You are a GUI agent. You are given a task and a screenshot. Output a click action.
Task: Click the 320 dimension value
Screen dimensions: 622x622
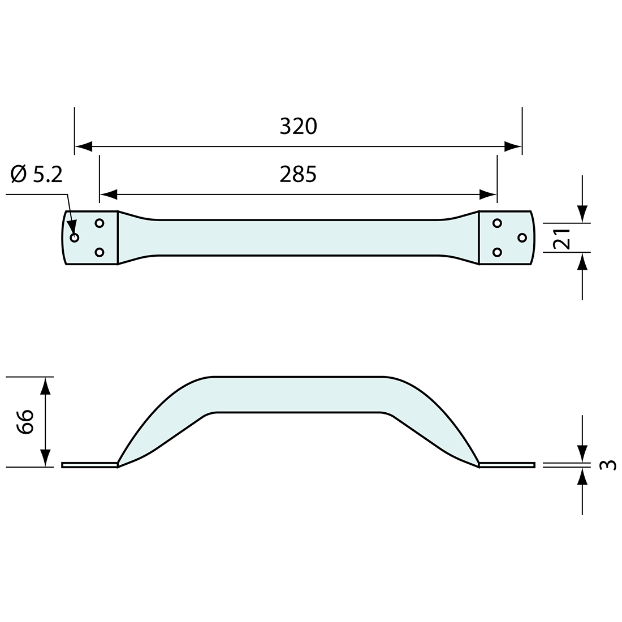(299, 127)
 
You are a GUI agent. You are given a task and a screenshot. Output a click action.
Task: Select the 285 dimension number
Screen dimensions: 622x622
(298, 175)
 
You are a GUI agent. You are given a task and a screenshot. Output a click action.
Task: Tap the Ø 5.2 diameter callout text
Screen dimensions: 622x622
(37, 175)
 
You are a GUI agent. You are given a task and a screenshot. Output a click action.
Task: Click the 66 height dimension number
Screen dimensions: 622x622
(25, 421)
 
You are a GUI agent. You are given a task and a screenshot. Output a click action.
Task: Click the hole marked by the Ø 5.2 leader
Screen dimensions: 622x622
(74, 237)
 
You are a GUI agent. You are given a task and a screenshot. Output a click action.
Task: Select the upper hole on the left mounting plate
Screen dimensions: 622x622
(100, 223)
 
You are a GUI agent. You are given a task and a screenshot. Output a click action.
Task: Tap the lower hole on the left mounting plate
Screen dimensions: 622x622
(100, 252)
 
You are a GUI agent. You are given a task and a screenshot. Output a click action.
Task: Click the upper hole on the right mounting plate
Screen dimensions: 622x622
(497, 223)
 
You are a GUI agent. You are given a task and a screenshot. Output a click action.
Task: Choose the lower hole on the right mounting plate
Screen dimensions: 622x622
(497, 252)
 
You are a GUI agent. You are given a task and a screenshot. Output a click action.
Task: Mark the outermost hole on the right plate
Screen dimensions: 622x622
(522, 237)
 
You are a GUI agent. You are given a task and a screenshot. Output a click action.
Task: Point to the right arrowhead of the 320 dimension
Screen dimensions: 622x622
(513, 147)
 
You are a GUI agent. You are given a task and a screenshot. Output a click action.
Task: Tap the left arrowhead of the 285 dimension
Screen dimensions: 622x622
(108, 195)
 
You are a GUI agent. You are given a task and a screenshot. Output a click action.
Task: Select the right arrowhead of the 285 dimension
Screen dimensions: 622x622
(488, 195)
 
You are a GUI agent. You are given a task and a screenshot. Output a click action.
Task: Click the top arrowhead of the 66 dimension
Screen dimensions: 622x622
(46, 386)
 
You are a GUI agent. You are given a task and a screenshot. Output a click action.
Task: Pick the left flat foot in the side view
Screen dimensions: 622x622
(89, 465)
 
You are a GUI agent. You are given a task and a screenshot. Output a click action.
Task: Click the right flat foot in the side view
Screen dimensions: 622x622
(507, 465)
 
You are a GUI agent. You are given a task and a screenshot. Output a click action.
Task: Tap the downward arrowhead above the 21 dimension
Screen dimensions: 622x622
(583, 214)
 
